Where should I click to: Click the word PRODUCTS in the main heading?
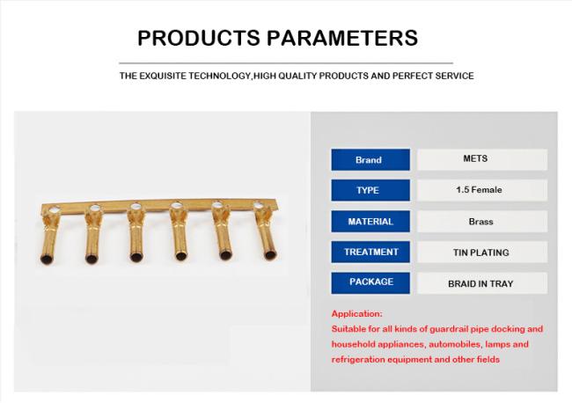(x=199, y=38)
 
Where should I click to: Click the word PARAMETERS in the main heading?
(x=342, y=38)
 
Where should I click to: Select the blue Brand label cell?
(x=370, y=160)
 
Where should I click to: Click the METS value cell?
(x=482, y=159)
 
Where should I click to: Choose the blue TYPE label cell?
(x=370, y=190)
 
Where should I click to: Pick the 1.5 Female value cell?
(x=482, y=190)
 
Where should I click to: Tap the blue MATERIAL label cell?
(x=370, y=222)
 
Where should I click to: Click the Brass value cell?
(x=482, y=222)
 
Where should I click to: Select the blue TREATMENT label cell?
(x=370, y=252)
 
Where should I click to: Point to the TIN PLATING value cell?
(x=482, y=252)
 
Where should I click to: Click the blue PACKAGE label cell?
(x=370, y=283)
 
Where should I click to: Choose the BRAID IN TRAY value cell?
(x=482, y=283)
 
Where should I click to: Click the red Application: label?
(x=356, y=313)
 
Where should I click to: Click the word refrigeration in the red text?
(x=357, y=360)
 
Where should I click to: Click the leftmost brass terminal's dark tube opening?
(x=47, y=260)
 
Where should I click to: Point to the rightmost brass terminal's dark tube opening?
(x=270, y=255)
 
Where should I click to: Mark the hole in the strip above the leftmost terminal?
(x=55, y=210)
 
